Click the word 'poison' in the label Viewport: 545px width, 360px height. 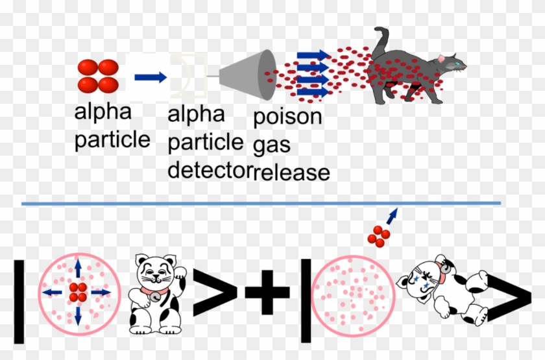click(287, 117)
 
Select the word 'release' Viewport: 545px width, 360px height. click(292, 173)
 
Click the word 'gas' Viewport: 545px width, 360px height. click(271, 145)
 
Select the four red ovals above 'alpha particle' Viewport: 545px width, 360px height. click(98, 76)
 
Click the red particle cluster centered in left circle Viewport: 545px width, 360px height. click(78, 293)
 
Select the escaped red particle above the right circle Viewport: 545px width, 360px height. click(379, 236)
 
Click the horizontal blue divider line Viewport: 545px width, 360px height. click(260, 204)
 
